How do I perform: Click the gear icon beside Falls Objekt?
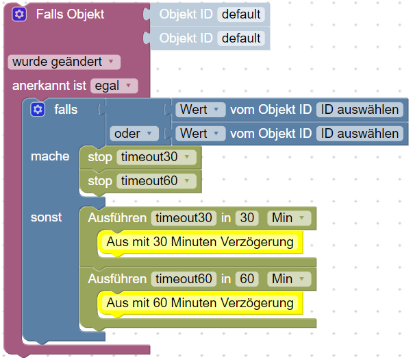pos(19,14)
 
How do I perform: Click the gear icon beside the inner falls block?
pos(38,109)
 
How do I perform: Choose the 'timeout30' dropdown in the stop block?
pos(155,157)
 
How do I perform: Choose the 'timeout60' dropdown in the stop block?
pos(155,181)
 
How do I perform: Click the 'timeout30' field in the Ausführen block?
pos(183,218)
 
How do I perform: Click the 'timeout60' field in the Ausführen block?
pos(183,279)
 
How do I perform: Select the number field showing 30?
pos(247,218)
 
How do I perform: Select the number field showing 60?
pos(247,279)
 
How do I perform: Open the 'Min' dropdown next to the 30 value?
pos(288,218)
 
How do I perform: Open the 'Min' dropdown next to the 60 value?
pos(288,279)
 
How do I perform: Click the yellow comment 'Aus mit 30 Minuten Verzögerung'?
pos(199,241)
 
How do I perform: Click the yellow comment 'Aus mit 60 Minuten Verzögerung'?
pos(199,302)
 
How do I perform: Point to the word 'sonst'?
pos(46,217)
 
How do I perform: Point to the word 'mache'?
pos(50,156)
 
